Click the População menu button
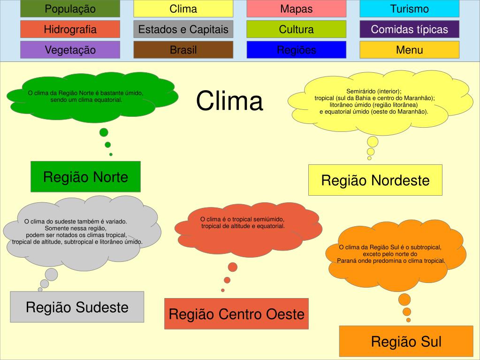[x=70, y=9]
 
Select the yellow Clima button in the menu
[x=183, y=9]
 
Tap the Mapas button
[x=296, y=9]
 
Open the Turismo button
[x=409, y=9]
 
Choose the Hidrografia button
[x=70, y=30]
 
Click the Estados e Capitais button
[x=183, y=30]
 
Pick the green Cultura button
[x=296, y=30]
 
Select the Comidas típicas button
[x=409, y=30]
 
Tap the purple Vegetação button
[x=70, y=50]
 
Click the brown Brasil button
[x=183, y=50]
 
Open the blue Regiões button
[x=296, y=50]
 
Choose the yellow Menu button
[x=409, y=50]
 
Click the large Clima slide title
[x=229, y=101]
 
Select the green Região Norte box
[x=85, y=177]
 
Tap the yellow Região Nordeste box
[x=375, y=180]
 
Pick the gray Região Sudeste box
[x=77, y=307]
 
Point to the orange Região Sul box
[x=406, y=341]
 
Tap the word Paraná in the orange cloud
[x=347, y=260]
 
